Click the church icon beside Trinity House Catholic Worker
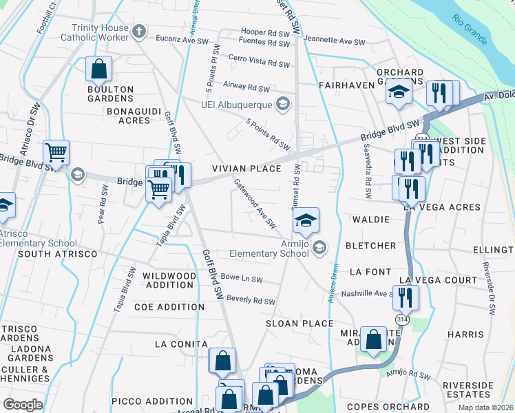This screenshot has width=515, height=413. [x=139, y=31]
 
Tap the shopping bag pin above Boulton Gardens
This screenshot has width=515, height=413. [x=99, y=69]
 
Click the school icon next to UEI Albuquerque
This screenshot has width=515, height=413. [x=282, y=103]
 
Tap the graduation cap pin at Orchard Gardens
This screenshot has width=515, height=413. [x=398, y=92]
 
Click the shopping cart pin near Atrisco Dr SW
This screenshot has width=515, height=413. [x=56, y=152]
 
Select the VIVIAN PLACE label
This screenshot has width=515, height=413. [x=246, y=169]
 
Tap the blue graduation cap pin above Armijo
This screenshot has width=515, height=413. [x=306, y=220]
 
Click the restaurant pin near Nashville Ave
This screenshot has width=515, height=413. [x=406, y=297]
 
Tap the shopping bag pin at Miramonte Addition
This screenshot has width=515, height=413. [x=373, y=339]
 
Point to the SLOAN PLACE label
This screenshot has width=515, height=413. [x=299, y=324]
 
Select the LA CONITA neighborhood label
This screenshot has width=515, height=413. [x=181, y=344]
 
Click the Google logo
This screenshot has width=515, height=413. [x=23, y=405]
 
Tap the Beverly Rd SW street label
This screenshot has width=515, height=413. [x=251, y=300]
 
